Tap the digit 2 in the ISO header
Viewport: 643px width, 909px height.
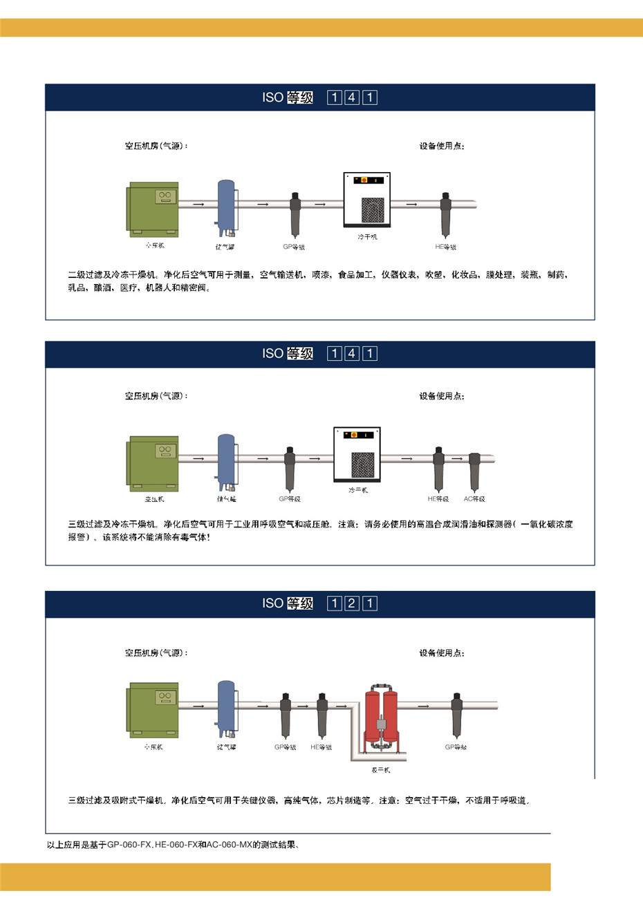click(352, 603)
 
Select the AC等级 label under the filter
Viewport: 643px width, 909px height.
click(474, 499)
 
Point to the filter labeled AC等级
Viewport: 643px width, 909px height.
click(474, 470)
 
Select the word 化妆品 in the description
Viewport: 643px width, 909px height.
click(465, 275)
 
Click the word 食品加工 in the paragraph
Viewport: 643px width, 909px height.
click(355, 275)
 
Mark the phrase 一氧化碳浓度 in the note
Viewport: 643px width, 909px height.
click(547, 525)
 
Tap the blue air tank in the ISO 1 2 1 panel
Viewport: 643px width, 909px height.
click(226, 706)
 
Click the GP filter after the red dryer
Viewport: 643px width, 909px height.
click(456, 715)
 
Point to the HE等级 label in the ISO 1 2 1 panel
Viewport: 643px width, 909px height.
click(321, 747)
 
